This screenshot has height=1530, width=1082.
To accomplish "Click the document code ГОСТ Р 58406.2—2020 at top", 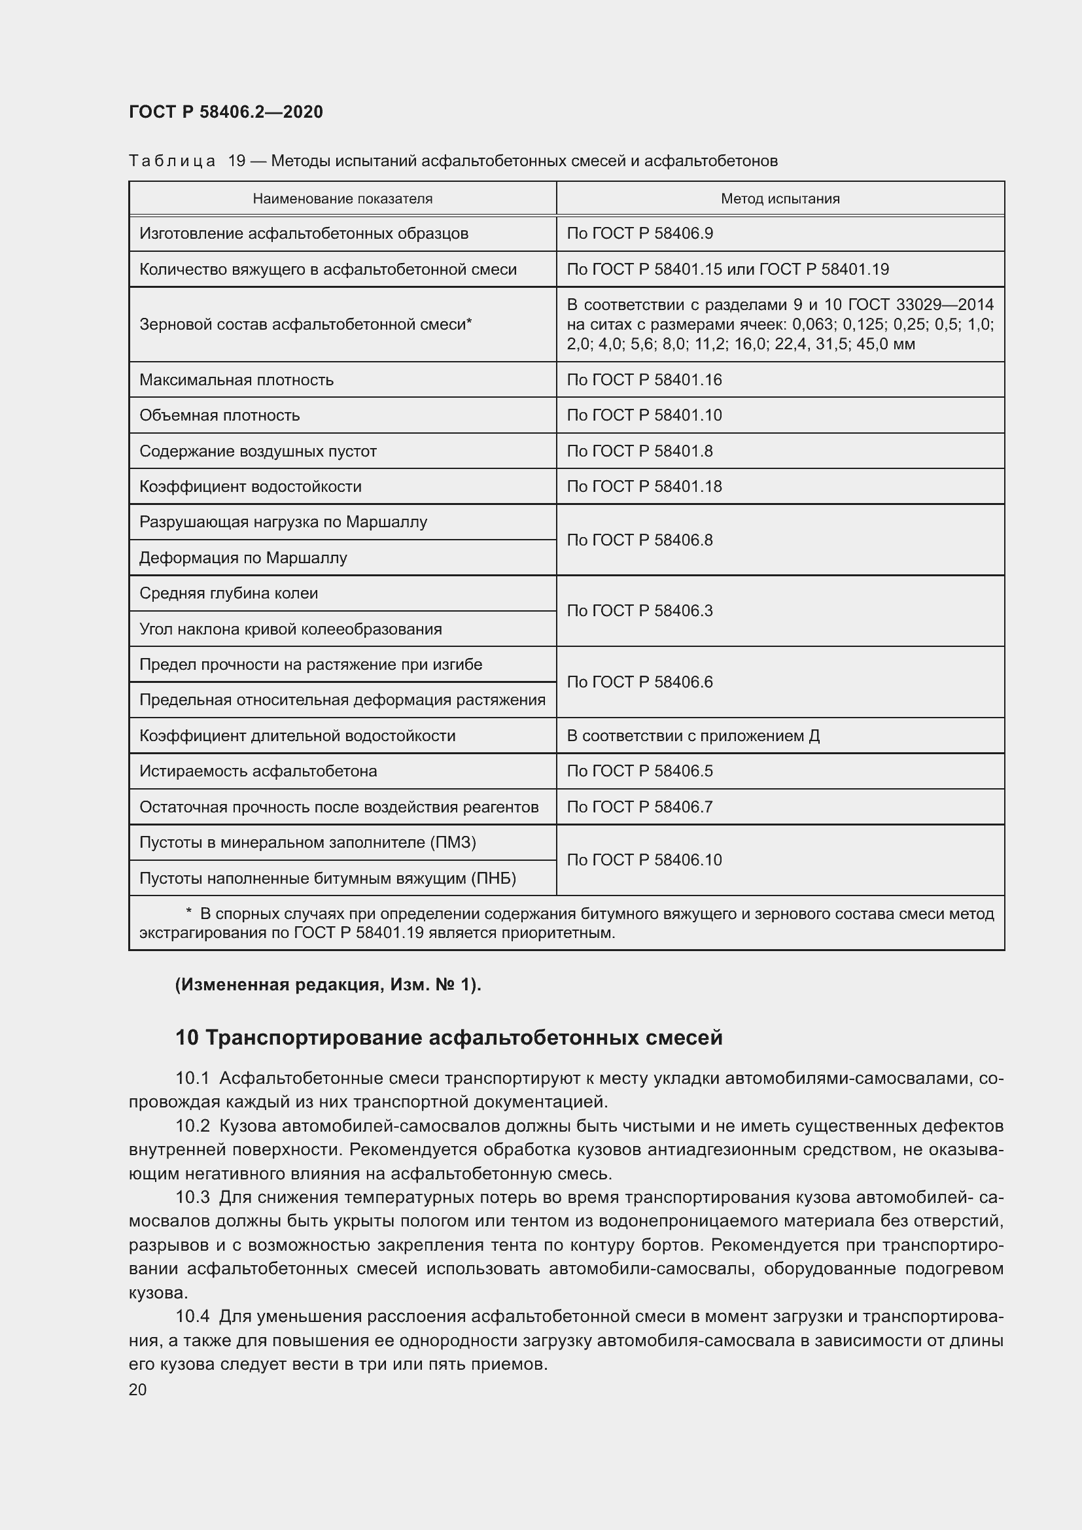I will pyautogui.click(x=226, y=112).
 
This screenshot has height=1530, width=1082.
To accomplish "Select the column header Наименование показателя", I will pyautogui.click(x=342, y=199).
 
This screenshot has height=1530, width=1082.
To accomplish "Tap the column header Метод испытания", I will pyautogui.click(x=780, y=199).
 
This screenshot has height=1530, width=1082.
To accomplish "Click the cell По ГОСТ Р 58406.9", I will pyautogui.click(x=640, y=234).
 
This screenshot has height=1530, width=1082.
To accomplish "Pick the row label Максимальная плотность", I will pyautogui.click(x=237, y=380).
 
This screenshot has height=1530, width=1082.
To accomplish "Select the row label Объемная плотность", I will pyautogui.click(x=220, y=416).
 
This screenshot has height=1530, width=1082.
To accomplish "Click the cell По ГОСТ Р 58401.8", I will pyautogui.click(x=640, y=451).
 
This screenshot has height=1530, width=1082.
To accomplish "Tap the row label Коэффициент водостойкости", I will pyautogui.click(x=251, y=487).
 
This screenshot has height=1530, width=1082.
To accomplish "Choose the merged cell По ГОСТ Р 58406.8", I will pyautogui.click(x=640, y=540).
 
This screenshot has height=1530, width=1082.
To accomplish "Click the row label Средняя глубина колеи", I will pyautogui.click(x=228, y=593).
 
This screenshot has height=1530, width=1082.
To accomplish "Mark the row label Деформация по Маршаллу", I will pyautogui.click(x=243, y=558).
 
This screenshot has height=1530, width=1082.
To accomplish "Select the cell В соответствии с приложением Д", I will pyautogui.click(x=693, y=736).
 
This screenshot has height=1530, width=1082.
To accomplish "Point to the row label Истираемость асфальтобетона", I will pyautogui.click(x=258, y=771).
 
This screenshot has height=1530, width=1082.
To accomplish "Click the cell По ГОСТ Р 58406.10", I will pyautogui.click(x=644, y=860).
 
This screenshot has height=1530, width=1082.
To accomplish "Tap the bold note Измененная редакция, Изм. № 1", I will pyautogui.click(x=328, y=984).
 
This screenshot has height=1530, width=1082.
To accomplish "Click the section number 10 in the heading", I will pyautogui.click(x=187, y=1037).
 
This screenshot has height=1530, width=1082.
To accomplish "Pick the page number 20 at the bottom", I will pyautogui.click(x=138, y=1389).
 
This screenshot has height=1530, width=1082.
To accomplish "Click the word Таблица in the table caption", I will pyautogui.click(x=172, y=161).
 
